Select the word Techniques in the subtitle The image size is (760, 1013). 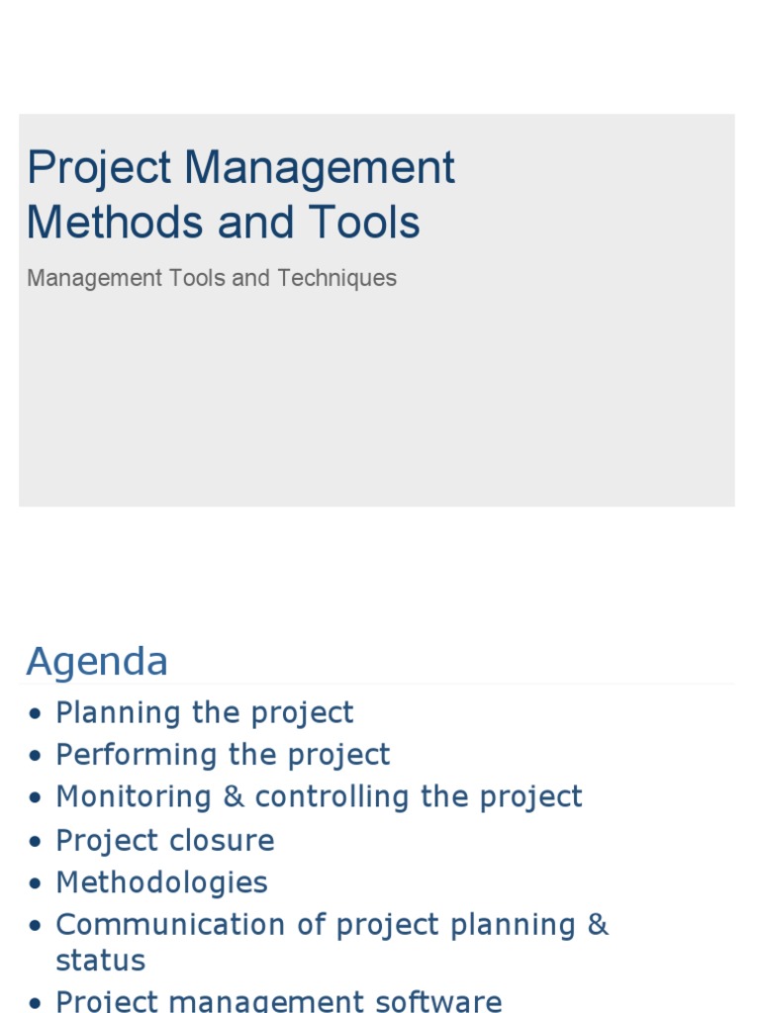pos(336,279)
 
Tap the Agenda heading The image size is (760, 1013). pos(97,662)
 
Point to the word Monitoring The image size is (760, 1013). pos(134,797)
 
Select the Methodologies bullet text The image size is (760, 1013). pos(161,882)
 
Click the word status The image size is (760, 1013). pos(100,961)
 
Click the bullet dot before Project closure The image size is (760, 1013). pos(37,842)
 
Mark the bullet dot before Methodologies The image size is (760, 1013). pos(37,883)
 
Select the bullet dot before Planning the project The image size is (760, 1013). pos(37,713)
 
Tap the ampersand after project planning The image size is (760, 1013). pos(597,925)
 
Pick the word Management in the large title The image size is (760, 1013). pos(319,167)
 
